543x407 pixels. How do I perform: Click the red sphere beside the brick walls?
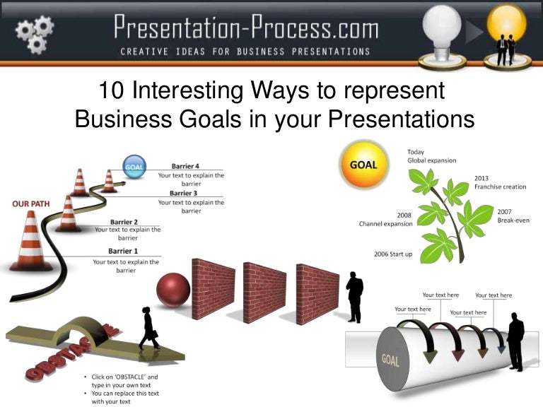coord(173,290)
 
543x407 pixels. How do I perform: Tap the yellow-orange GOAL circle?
coord(363,165)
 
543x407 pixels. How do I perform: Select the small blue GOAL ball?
coord(134,167)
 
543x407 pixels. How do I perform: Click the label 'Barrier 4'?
coord(185,167)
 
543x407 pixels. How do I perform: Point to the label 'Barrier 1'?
coord(123,251)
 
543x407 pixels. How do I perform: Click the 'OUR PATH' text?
coord(30,204)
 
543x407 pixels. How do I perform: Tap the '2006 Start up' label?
coord(393,254)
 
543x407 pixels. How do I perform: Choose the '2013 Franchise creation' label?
coord(500,182)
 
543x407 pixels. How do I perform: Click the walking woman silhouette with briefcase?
coord(149,328)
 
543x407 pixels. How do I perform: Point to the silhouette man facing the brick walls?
coord(354,296)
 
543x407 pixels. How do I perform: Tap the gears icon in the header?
coord(35,33)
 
